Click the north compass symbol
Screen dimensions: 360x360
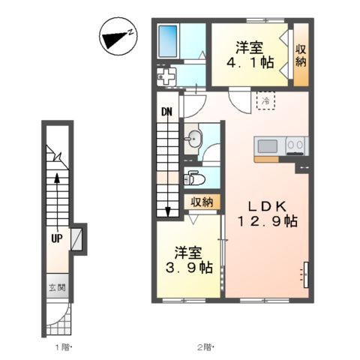pyautogui.click(x=118, y=37)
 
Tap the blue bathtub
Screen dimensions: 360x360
pyautogui.click(x=168, y=41)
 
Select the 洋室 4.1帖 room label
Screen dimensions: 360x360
pyautogui.click(x=250, y=55)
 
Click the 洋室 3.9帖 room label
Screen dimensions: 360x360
pyautogui.click(x=189, y=260)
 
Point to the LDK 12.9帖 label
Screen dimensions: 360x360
pyautogui.click(x=267, y=214)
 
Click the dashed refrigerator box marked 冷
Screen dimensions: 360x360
pyautogui.click(x=266, y=100)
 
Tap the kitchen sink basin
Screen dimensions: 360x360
pyautogui.click(x=268, y=146)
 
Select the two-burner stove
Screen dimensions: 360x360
pyautogui.click(x=295, y=145)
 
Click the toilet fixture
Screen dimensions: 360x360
pyautogui.click(x=194, y=178)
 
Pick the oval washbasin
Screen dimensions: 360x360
pyautogui.click(x=194, y=139)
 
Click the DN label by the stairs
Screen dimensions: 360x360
pyautogui.click(x=166, y=112)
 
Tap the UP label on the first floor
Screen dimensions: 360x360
pyautogui.click(x=57, y=238)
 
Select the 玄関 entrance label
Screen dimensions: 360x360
pyautogui.click(x=57, y=287)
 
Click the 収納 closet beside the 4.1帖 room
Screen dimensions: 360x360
pyautogui.click(x=301, y=55)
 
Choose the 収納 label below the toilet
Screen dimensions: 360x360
pyautogui.click(x=202, y=202)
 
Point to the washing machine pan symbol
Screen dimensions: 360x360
pyautogui.click(x=166, y=76)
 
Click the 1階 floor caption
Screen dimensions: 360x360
pyautogui.click(x=63, y=347)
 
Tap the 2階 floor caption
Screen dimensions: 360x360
pyautogui.click(x=205, y=347)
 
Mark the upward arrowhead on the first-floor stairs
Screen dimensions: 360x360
pyautogui.click(x=57, y=178)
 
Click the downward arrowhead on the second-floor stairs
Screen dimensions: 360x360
pyautogui.click(x=168, y=212)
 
